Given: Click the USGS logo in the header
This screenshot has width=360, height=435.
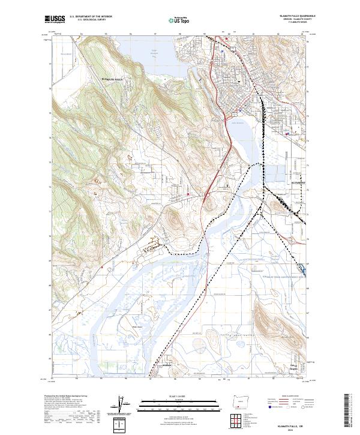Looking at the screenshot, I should tap(55, 20).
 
